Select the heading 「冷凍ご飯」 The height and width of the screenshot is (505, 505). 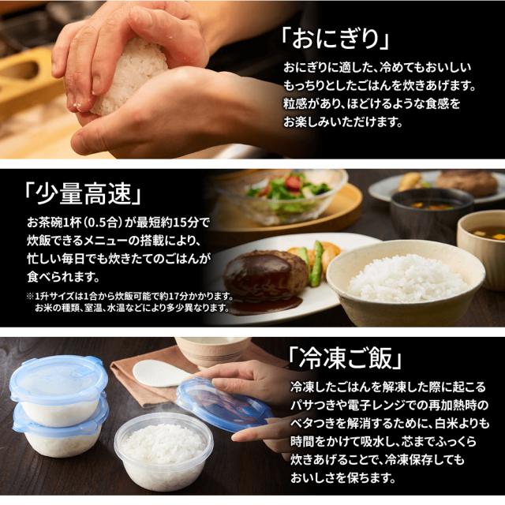click(x=345, y=360)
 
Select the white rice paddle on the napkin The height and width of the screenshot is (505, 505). click(x=163, y=372)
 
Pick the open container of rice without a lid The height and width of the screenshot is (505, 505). click(x=161, y=451)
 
